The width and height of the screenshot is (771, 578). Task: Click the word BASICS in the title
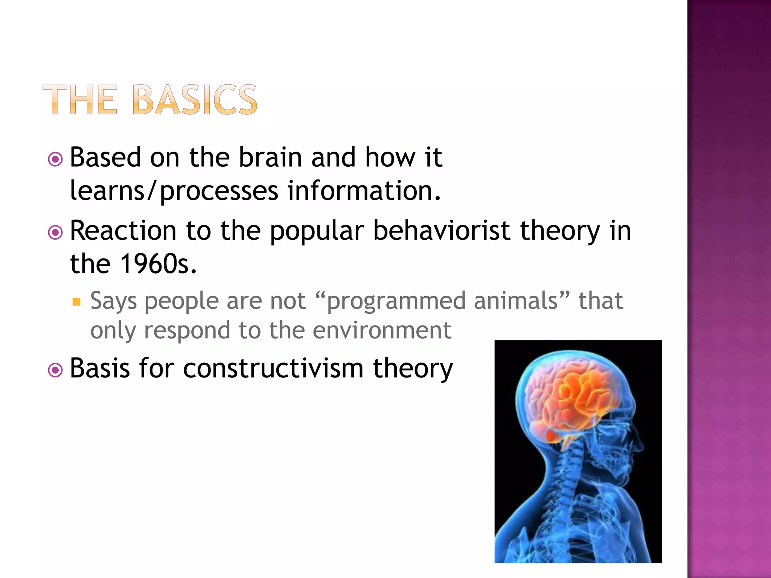click(x=195, y=100)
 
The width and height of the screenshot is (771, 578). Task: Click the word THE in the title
click(x=80, y=100)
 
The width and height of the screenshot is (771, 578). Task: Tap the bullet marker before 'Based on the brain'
click(x=56, y=160)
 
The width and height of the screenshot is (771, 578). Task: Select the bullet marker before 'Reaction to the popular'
click(x=56, y=233)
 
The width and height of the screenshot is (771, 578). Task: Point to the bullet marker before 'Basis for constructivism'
click(x=56, y=370)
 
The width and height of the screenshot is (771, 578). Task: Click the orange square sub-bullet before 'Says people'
click(x=77, y=302)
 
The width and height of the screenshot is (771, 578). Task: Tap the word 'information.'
click(x=364, y=190)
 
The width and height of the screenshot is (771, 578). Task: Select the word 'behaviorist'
click(x=441, y=230)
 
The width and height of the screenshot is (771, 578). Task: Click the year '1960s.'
click(x=158, y=263)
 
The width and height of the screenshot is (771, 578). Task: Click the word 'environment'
click(x=382, y=330)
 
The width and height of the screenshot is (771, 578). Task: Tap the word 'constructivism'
click(x=273, y=368)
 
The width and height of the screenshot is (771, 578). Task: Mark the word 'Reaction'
click(x=123, y=230)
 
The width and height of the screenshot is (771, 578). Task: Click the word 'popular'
click(x=317, y=231)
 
